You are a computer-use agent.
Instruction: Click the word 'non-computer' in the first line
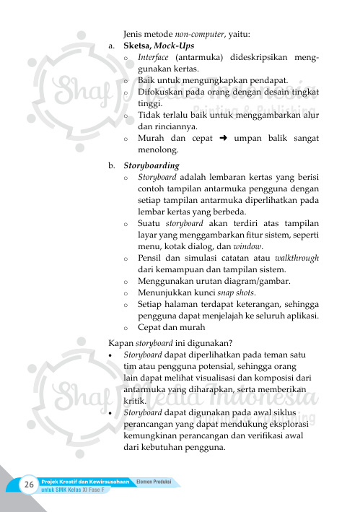(198, 33)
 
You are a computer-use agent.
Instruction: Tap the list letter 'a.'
(113, 45)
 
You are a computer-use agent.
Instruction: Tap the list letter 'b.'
(113, 165)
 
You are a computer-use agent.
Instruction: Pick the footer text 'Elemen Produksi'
(158, 481)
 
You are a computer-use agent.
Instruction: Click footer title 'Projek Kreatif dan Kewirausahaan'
(85, 481)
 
